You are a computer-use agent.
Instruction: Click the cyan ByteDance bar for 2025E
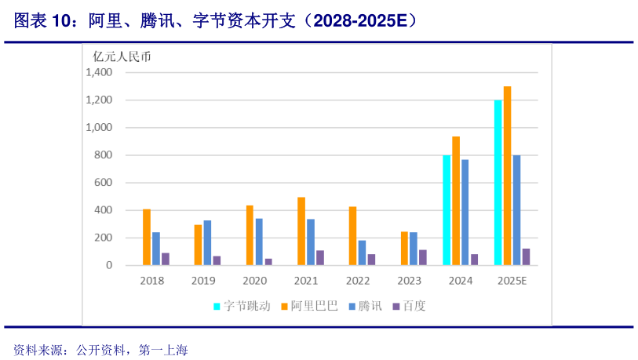[498, 183]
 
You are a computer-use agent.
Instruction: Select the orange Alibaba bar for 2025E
[508, 176]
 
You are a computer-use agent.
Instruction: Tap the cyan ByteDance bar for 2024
[447, 210]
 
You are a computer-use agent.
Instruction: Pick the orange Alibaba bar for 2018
[147, 238]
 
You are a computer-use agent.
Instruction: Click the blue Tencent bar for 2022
[362, 253]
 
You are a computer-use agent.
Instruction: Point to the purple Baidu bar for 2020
[268, 262]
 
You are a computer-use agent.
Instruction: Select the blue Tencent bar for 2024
[465, 213]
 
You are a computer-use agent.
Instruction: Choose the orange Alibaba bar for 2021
[301, 231]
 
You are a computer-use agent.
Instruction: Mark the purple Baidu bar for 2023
[423, 257]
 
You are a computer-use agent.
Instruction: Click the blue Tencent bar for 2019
[207, 243]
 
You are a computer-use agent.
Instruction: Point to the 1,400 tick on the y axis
[100, 72]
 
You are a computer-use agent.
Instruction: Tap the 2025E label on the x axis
[512, 281]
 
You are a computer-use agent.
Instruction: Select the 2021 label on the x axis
[306, 281]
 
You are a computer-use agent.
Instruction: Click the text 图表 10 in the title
[42, 21]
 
